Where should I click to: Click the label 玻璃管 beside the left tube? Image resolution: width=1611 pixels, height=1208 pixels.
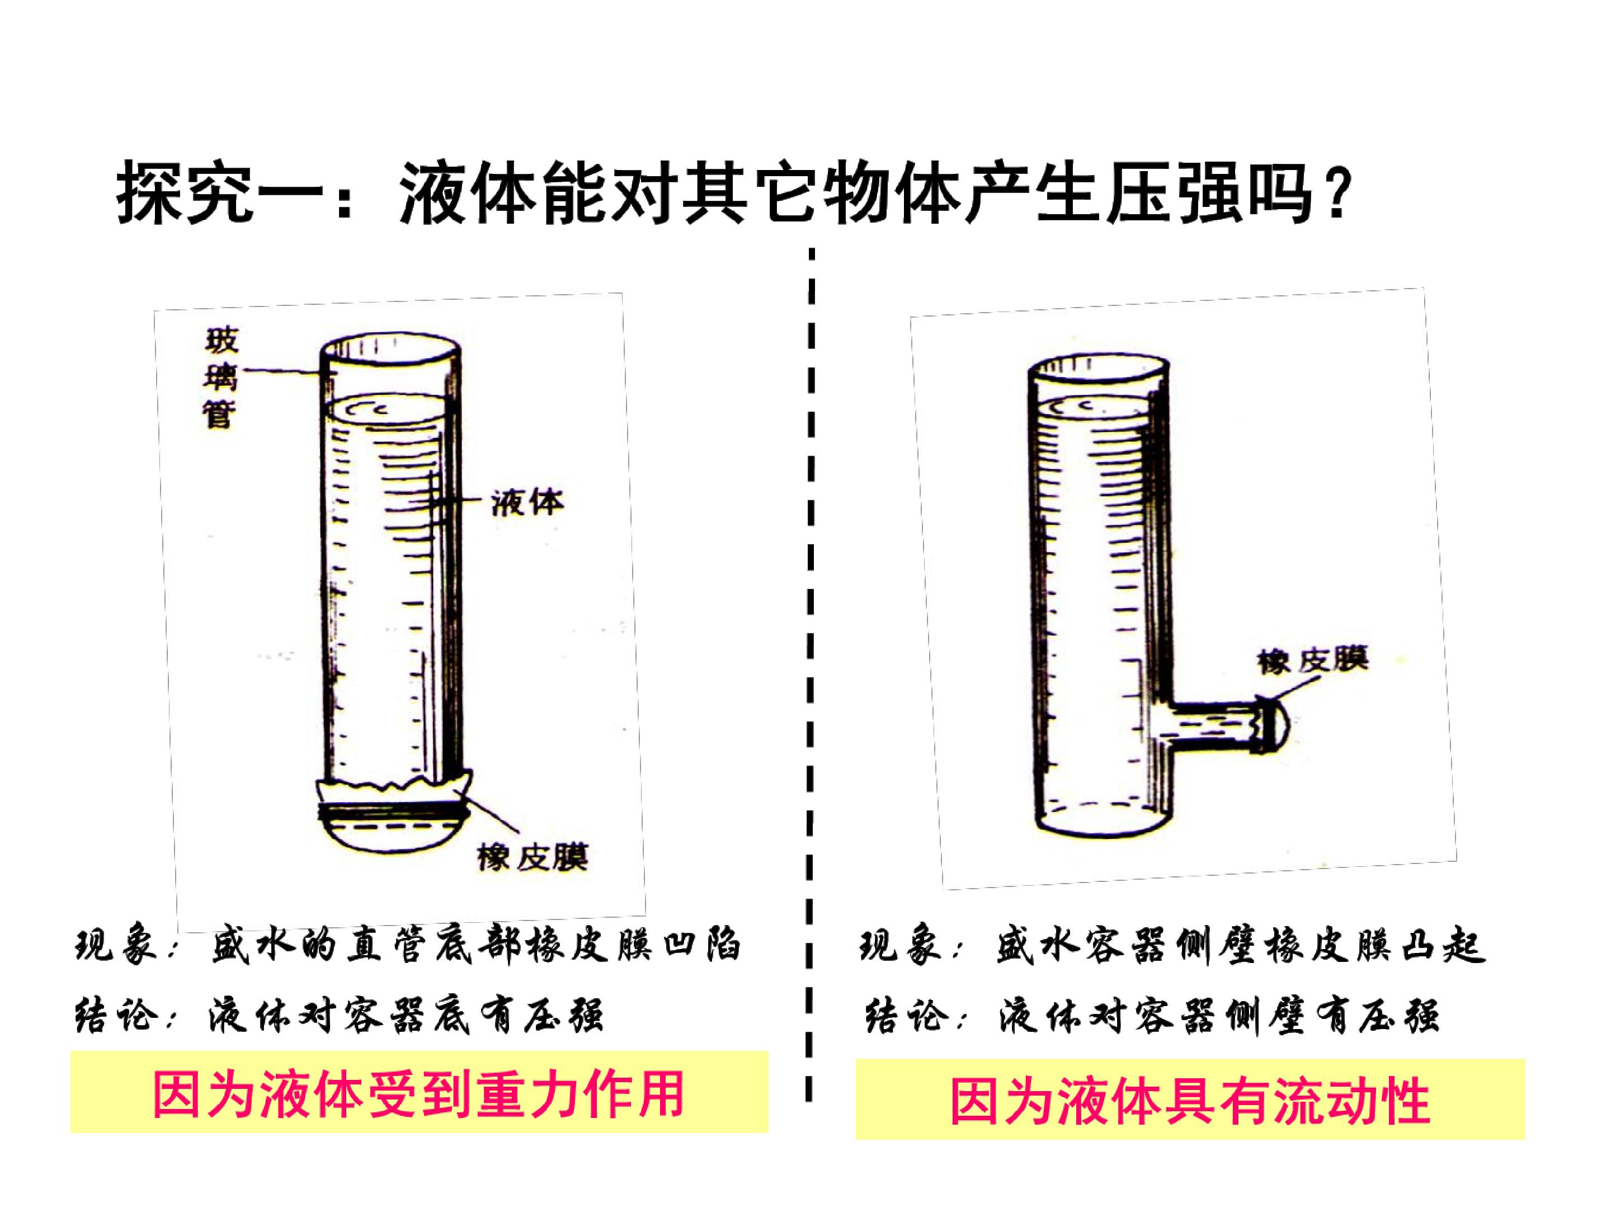[x=220, y=379]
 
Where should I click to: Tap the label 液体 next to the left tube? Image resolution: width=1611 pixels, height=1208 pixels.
[x=526, y=502]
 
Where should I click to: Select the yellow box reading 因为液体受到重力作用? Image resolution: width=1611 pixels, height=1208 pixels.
[x=420, y=1092]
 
